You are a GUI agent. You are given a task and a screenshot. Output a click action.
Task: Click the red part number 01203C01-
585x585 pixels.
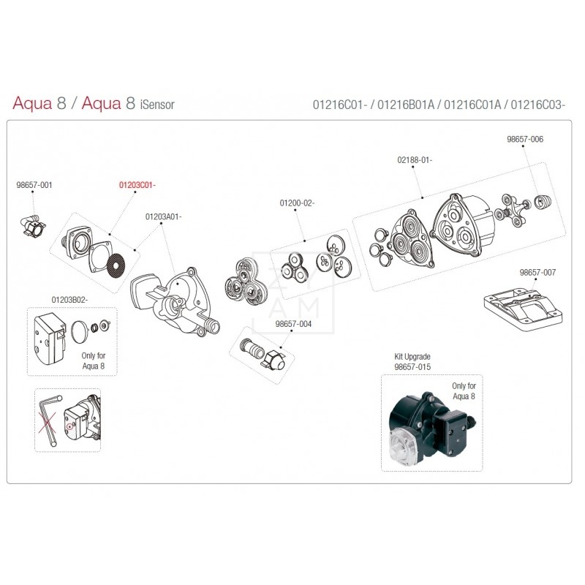(x=137, y=186)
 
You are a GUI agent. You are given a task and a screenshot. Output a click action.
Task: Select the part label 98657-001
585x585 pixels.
(x=34, y=186)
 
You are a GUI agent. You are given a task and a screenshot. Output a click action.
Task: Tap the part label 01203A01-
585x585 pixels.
(x=163, y=216)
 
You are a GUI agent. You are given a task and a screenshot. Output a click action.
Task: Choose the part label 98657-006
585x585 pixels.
(x=525, y=139)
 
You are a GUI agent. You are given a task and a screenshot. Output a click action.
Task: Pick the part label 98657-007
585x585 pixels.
(x=537, y=272)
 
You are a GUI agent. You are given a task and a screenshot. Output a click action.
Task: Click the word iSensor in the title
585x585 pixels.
(x=156, y=105)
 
